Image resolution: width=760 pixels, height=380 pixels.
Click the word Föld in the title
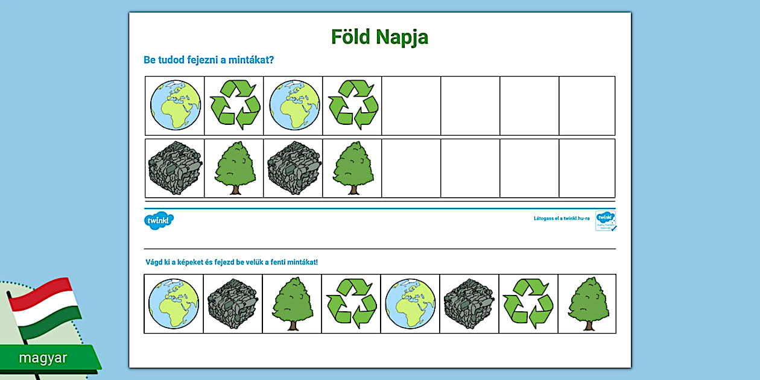(351, 37)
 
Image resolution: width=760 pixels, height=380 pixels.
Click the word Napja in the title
(402, 37)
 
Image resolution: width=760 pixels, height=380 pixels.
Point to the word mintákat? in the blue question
(248, 60)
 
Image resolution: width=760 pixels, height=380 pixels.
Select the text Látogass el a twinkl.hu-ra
(562, 218)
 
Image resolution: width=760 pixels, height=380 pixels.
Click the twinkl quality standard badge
(606, 221)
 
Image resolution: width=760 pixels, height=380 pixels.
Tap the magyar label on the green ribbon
(43, 358)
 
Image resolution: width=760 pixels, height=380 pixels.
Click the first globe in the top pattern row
(175, 106)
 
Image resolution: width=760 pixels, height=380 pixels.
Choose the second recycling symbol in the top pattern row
(353, 106)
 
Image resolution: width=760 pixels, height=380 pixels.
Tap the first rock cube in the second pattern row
(175, 168)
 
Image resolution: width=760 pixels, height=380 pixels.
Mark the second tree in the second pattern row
(353, 168)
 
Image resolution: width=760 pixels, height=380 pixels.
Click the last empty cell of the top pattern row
(587, 106)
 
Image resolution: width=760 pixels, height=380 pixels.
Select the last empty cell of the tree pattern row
(587, 168)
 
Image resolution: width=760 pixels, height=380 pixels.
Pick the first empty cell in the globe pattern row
(411, 106)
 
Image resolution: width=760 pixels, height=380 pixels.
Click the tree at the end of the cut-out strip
(587, 303)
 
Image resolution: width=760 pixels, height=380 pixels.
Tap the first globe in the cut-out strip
(174, 303)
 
